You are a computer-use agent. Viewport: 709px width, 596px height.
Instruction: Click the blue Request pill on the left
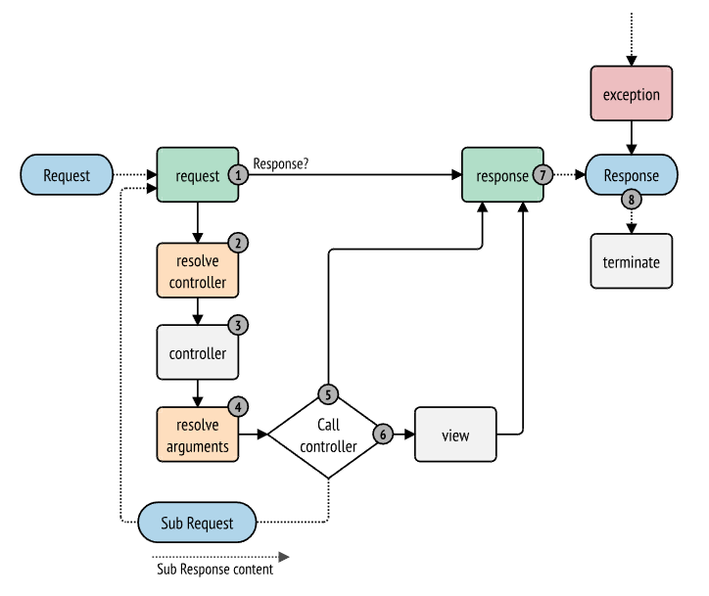(67, 175)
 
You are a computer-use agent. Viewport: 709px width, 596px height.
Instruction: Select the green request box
(198, 174)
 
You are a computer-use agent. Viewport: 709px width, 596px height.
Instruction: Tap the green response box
(502, 174)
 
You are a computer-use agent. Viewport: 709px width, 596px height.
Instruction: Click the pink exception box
(632, 94)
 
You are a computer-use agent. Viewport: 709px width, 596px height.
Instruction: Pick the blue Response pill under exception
(632, 175)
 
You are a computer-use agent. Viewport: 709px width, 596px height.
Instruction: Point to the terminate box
(632, 261)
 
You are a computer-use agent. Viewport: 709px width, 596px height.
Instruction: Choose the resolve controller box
(198, 271)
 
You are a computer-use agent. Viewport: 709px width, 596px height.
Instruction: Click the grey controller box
(198, 352)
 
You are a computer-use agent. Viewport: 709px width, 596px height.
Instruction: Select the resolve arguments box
(198, 435)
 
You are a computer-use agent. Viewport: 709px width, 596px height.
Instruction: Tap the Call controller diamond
(328, 435)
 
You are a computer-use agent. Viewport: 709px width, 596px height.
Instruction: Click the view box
(455, 435)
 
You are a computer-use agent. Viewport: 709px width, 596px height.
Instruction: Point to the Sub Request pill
(197, 523)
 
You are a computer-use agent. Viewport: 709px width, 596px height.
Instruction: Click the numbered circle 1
(238, 175)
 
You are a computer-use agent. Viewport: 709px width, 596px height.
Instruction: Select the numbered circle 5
(328, 394)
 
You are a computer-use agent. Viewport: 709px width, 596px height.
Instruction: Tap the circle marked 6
(383, 435)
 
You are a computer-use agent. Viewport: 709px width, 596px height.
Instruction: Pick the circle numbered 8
(632, 200)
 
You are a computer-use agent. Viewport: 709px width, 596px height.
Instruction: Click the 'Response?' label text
(281, 163)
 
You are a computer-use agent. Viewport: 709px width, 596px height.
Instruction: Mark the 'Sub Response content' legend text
(214, 570)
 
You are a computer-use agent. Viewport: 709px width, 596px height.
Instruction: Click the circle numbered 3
(238, 325)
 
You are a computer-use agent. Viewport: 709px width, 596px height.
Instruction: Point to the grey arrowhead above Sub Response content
(284, 557)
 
